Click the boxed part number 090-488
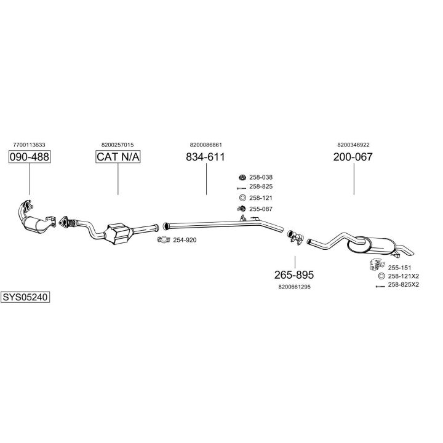coord(30,158)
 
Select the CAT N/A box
coord(118,158)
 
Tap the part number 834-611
coord(206,158)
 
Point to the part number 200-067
coord(353,158)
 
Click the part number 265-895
coord(294,274)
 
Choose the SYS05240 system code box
coord(25,297)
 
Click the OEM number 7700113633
coord(29,145)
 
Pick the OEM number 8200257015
coord(118,145)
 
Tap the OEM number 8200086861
coord(206,145)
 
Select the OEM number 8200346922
coord(353,145)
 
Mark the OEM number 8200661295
coord(294,287)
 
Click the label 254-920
coord(185,240)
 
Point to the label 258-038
coord(260,177)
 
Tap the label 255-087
coord(260,209)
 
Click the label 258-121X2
coord(403,276)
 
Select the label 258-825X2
coord(403,285)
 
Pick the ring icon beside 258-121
coord(242,198)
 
